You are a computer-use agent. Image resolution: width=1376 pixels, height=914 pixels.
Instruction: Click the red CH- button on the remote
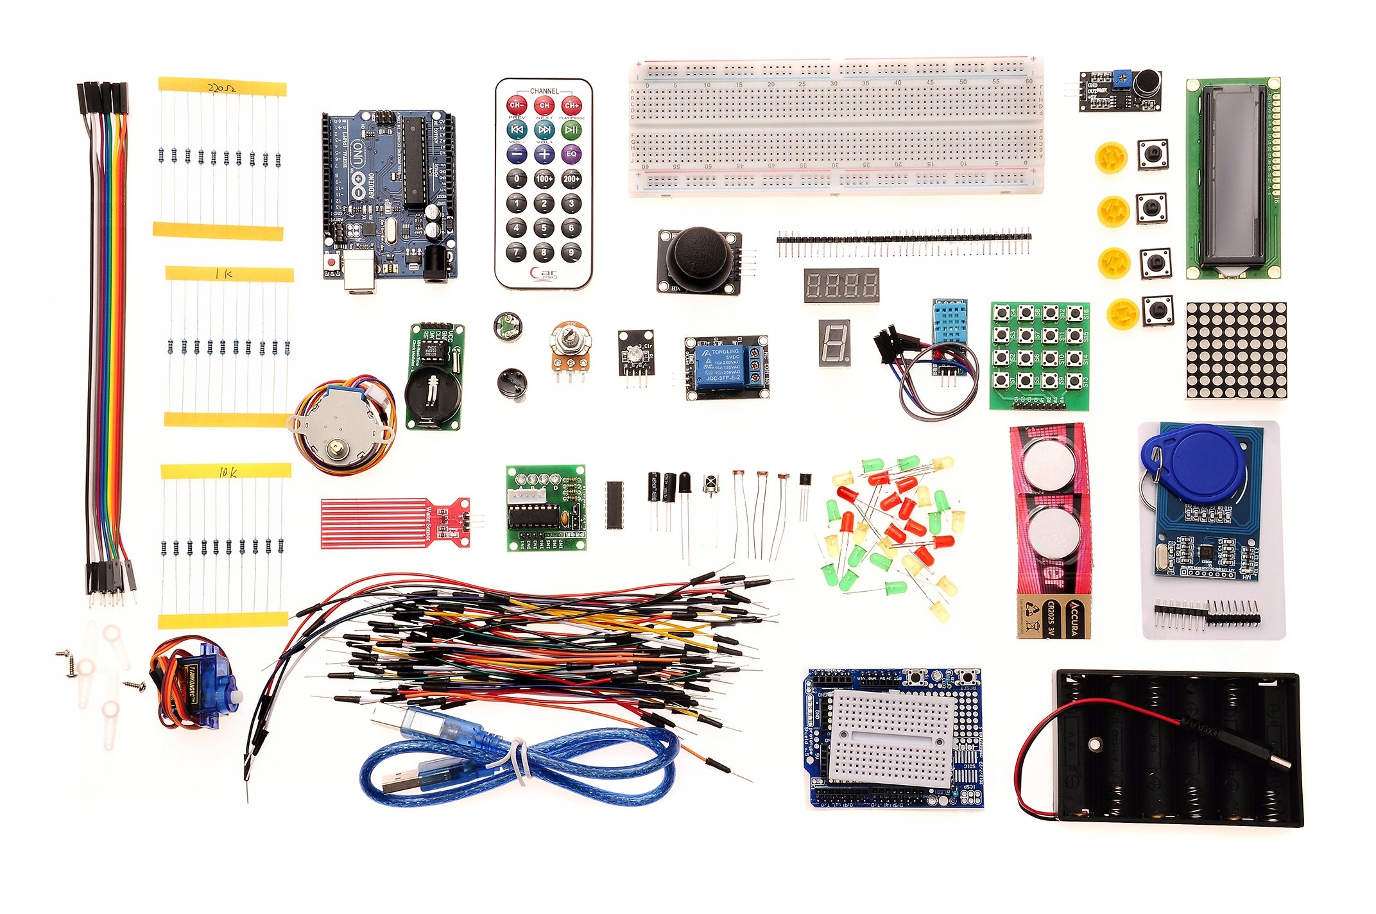(517, 105)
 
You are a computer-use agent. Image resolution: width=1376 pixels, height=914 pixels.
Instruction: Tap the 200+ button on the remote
(571, 179)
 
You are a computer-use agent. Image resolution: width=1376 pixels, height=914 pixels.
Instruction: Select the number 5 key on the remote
(544, 228)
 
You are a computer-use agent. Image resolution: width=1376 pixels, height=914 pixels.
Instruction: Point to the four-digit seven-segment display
(841, 285)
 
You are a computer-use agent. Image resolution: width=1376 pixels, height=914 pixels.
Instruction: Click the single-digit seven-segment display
(834, 343)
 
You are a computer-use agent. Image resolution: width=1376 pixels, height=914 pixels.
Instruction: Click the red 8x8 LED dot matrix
(1235, 350)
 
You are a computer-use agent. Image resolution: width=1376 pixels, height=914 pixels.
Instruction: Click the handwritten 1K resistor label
(225, 274)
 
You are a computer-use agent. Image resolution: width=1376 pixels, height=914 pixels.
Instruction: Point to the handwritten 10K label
(228, 472)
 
